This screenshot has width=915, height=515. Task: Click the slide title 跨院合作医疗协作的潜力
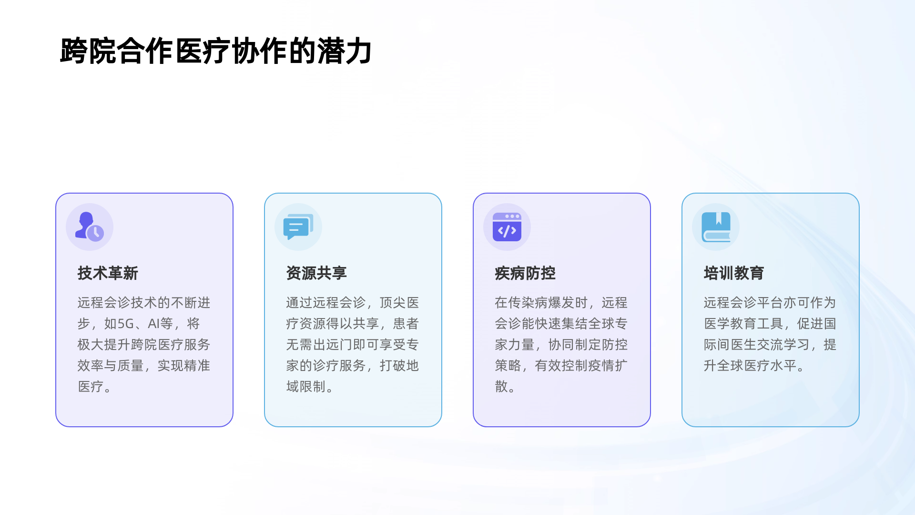tap(215, 51)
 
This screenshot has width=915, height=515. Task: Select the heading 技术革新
tap(108, 273)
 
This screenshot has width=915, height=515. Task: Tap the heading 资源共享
tap(316, 273)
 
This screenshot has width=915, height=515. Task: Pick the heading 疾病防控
tap(525, 273)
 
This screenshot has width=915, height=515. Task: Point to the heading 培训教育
tap(734, 273)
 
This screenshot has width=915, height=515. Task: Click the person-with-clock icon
tap(89, 227)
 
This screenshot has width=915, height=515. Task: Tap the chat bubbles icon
tap(298, 227)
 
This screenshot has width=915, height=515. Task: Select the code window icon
tap(507, 227)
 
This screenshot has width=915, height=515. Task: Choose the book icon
tap(716, 227)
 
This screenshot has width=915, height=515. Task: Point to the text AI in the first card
tap(153, 324)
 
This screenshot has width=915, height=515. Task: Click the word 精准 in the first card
tap(197, 366)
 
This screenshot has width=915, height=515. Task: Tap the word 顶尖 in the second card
tap(393, 303)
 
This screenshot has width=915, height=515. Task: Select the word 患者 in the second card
tap(406, 324)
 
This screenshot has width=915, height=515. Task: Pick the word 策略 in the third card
tap(508, 366)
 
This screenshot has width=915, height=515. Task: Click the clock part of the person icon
tap(96, 233)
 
